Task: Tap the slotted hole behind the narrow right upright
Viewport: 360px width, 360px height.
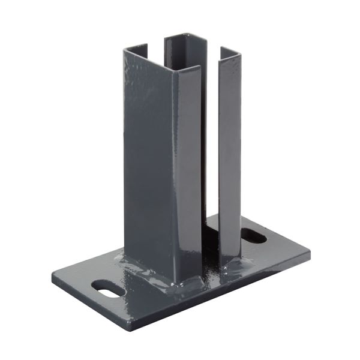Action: [254, 236]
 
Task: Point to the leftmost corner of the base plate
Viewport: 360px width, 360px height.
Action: [52, 277]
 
